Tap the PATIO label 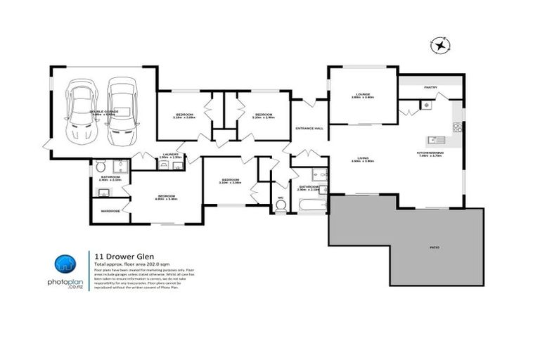pyautogui.click(x=436, y=247)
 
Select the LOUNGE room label pyautogui.click(x=362, y=96)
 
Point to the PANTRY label pyautogui.click(x=430, y=87)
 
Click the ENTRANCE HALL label pyautogui.click(x=309, y=128)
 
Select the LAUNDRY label pyautogui.click(x=169, y=155)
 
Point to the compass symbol pyautogui.click(x=441, y=46)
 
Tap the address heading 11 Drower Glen pyautogui.click(x=115, y=257)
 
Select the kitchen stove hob pyautogui.click(x=457, y=127)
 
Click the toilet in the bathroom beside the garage pyautogui.click(x=100, y=167)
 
